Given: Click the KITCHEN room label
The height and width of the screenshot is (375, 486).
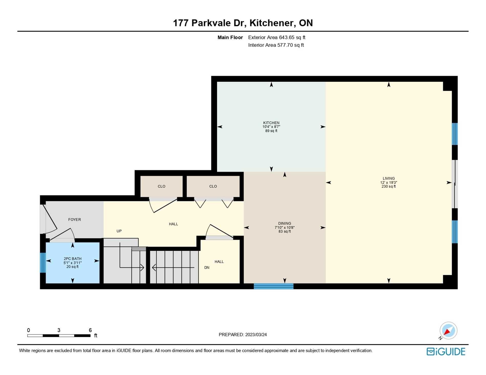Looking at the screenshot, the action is click(x=271, y=123).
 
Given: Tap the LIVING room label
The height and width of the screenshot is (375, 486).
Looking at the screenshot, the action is click(x=389, y=178).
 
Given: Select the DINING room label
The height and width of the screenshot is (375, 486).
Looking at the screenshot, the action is click(x=284, y=223).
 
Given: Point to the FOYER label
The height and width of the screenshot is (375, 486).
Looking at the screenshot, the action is click(x=74, y=219).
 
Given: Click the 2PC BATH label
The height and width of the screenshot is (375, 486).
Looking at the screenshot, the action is click(x=73, y=259).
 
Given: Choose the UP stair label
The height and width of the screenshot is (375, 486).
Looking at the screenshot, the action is click(x=119, y=231).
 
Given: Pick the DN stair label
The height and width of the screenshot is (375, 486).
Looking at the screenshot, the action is click(x=207, y=267).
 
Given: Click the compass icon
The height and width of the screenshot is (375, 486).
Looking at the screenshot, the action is click(x=448, y=331).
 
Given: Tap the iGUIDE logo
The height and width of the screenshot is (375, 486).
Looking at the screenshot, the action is click(x=446, y=352).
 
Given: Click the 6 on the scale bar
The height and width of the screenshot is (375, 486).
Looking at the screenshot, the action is click(x=90, y=330).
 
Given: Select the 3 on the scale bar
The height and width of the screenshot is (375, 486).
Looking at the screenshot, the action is click(x=59, y=330).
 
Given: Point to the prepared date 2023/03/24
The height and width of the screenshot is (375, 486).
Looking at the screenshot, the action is click(x=256, y=335).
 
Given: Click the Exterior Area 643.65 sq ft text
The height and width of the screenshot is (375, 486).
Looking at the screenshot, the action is click(x=277, y=38).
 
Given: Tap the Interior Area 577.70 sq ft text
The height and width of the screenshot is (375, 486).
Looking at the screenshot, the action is click(x=276, y=45).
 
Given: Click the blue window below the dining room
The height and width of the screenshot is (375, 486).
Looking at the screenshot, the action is click(x=273, y=286).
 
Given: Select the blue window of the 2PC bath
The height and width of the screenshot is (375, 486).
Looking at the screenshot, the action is click(x=43, y=263).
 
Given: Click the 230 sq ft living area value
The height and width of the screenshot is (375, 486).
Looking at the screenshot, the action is click(x=389, y=186).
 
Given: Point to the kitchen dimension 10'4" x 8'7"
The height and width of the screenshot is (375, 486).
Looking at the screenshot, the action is click(x=271, y=127).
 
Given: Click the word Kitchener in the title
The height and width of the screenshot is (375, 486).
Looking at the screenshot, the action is click(x=271, y=23).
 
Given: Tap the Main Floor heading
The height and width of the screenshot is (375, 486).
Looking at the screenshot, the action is click(x=230, y=38).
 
